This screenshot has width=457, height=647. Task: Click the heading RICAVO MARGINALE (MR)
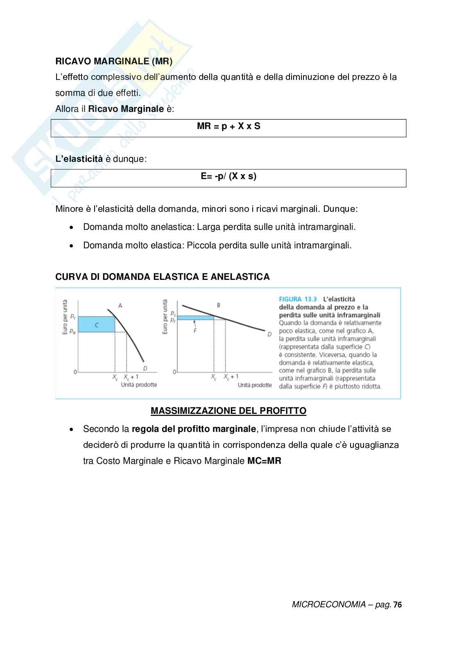(114, 61)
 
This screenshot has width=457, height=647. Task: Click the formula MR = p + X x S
(228, 126)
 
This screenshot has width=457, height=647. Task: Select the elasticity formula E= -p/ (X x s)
(228, 177)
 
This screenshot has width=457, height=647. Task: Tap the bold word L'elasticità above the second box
(79, 159)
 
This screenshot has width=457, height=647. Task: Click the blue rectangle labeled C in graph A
(96, 324)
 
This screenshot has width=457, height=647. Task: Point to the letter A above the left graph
(120, 305)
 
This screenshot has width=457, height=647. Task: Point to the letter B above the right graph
(219, 305)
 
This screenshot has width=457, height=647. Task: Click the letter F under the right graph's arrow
(195, 330)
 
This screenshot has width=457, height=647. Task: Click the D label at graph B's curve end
(269, 334)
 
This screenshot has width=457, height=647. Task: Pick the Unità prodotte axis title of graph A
(139, 385)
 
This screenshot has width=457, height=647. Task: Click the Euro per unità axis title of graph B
(165, 317)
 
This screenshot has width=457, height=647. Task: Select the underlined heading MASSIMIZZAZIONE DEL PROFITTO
(228, 411)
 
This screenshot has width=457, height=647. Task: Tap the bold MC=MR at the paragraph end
(264, 461)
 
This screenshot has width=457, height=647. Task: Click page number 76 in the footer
(397, 605)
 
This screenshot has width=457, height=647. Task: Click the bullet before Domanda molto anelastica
(72, 227)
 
